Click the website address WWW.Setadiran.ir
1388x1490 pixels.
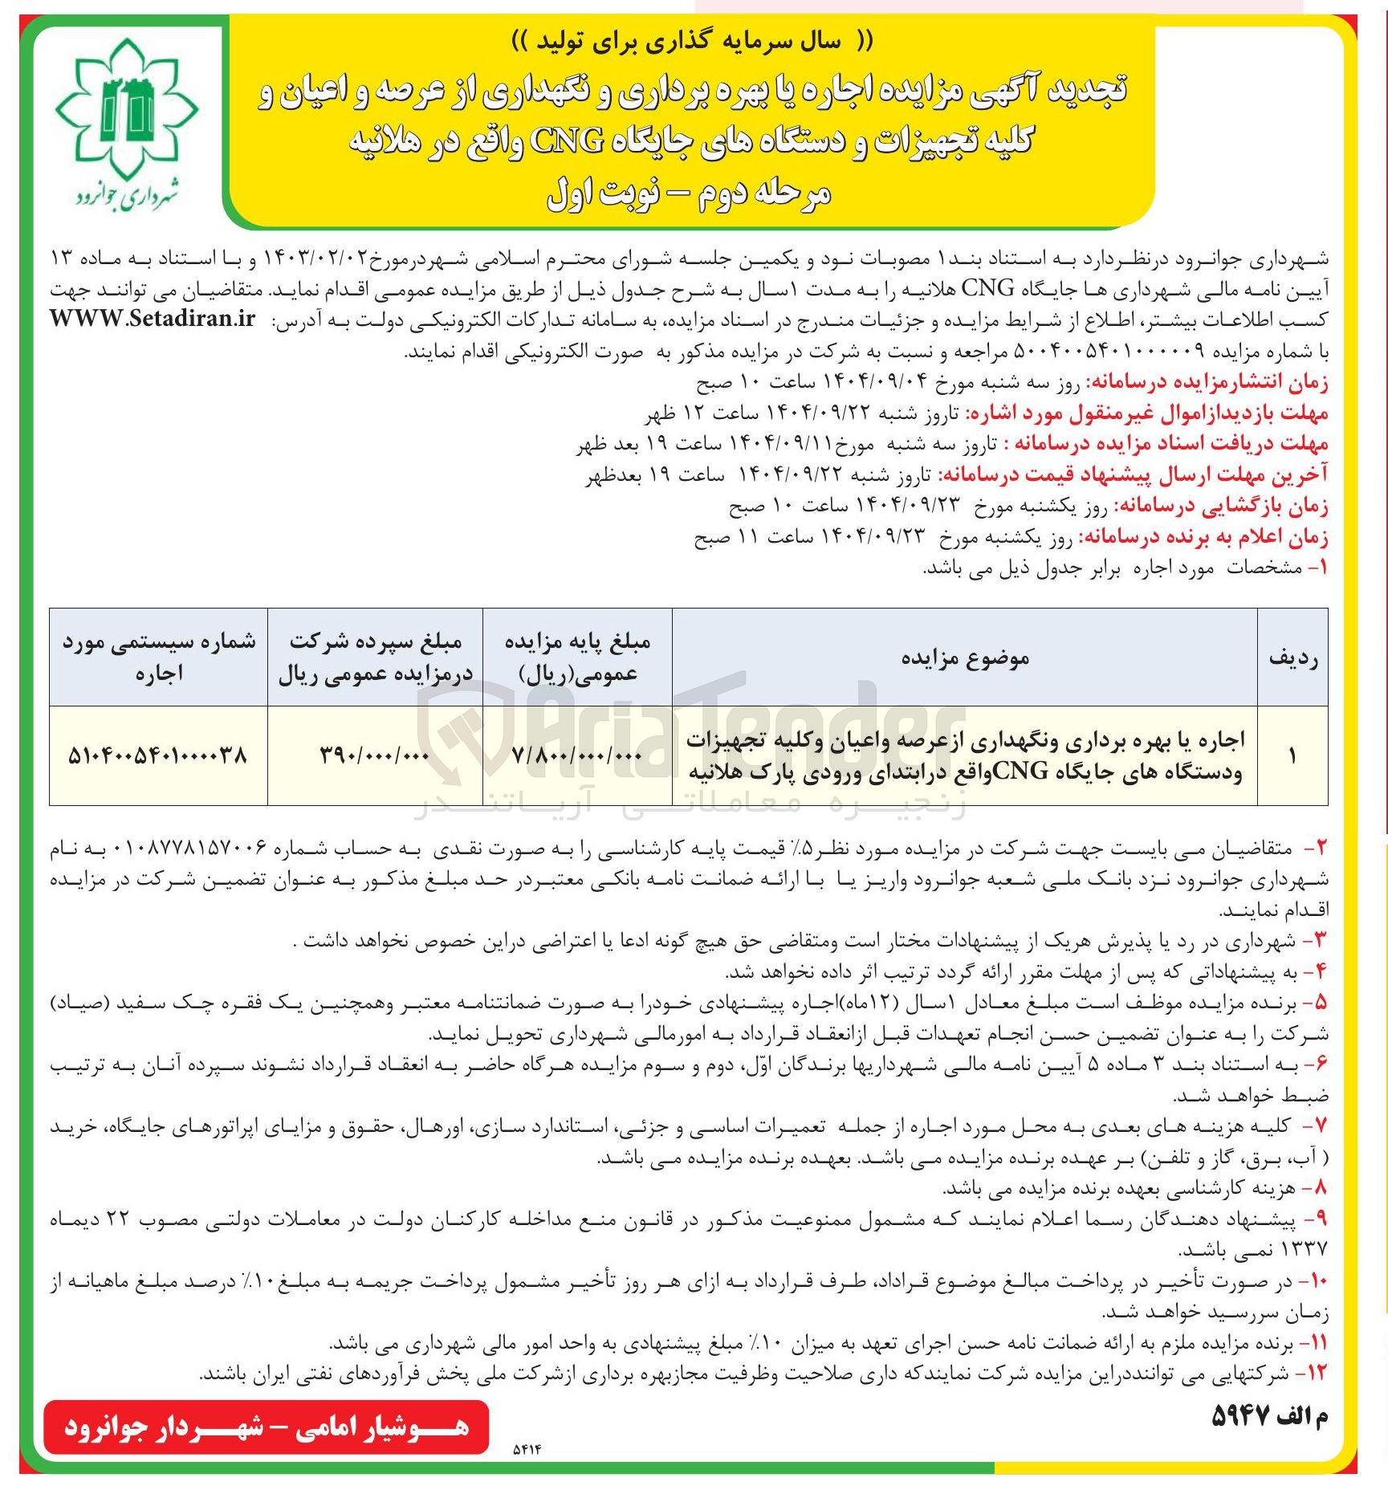[153, 319]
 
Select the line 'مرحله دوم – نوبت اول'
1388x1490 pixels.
[688, 193]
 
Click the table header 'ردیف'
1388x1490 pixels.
[1292, 657]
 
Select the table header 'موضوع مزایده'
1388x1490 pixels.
[964, 657]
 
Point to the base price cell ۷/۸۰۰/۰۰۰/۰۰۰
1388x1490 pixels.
[577, 755]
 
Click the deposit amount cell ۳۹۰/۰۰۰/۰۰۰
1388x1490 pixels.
[375, 755]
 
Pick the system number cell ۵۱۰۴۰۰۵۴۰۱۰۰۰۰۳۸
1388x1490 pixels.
[158, 755]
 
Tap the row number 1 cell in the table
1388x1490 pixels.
[1292, 755]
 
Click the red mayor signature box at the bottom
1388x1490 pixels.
[266, 1427]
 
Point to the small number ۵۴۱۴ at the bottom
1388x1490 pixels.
[527, 1450]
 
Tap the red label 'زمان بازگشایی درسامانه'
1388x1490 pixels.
[1221, 507]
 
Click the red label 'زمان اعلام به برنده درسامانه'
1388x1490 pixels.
[1203, 537]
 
